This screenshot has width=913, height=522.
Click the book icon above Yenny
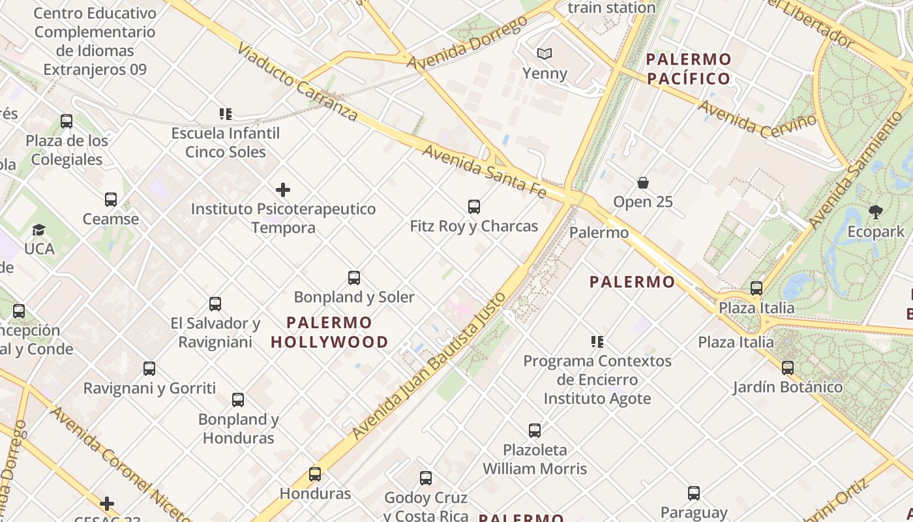point(544,54)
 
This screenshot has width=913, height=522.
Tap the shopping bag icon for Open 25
point(643,183)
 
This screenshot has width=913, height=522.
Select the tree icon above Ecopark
point(876,211)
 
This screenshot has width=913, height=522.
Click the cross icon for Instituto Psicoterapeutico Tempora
point(283,190)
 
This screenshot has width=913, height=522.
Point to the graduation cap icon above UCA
point(39,230)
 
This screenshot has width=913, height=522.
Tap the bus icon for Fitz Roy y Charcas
point(474,207)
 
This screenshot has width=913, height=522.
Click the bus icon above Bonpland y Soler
point(354,278)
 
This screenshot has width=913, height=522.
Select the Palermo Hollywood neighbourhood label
point(329,332)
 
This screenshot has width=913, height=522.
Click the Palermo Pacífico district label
point(689,69)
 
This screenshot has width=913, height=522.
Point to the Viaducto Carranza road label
point(297,82)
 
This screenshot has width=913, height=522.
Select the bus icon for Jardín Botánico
point(788,367)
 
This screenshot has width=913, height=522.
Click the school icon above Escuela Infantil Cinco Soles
point(226,114)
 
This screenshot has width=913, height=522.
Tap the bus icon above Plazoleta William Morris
point(535,431)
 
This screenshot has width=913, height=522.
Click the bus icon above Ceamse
point(111,200)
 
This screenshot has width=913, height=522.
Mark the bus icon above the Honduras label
point(315,474)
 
